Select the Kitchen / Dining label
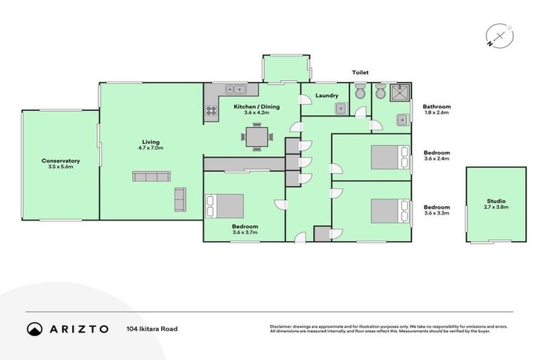coord(257,106)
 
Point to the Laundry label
coord(327,96)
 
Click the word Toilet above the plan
coord(361,72)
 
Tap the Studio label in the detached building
coord(496,201)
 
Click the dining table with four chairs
coord(257,136)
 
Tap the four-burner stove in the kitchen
coord(210,110)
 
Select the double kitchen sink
coord(236,89)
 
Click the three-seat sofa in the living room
coord(151,176)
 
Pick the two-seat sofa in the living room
coord(180,199)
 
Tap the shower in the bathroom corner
coord(400,93)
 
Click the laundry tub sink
coord(340,108)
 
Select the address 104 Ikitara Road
coord(153,328)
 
